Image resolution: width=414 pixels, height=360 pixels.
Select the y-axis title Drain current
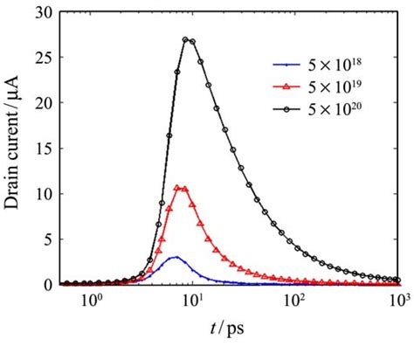tap(16, 149)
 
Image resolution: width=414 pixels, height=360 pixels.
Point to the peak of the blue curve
tap(176, 257)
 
